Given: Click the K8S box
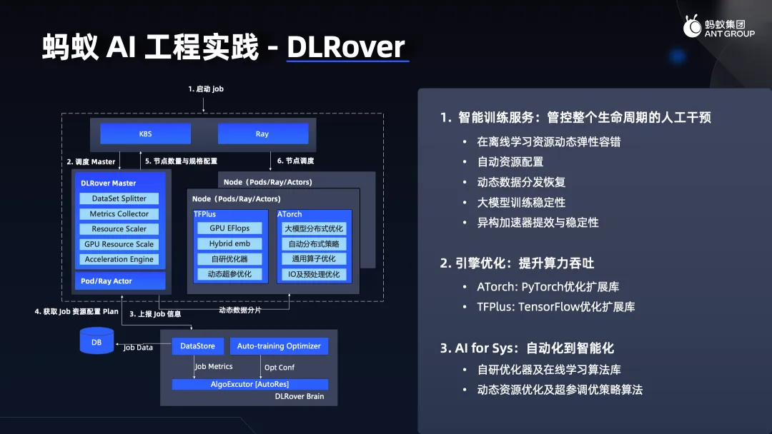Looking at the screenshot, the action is coord(145,133).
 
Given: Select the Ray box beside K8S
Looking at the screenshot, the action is coord(263,133).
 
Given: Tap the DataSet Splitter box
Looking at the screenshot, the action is coord(119,198).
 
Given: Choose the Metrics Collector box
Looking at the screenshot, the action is coord(119,214).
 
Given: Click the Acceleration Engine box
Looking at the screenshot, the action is coord(119,259).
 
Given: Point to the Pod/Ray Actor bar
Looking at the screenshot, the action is coord(120,281).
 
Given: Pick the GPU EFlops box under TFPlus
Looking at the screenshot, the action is coord(229,228).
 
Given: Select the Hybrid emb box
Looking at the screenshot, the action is coord(229,244).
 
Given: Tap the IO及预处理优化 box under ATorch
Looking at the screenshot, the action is coord(314,274).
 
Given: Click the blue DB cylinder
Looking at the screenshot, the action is coord(96,342).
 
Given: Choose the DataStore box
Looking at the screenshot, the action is coord(197,346).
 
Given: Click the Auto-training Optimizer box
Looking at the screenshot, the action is coord(279,346).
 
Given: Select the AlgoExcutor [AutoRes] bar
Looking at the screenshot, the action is coord(249,384).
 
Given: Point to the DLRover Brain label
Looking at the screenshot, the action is coord(300,397).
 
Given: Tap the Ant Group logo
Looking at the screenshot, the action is coord(719,26).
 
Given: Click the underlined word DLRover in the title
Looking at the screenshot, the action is coord(346,47).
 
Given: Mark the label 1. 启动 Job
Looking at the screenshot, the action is coord(206,89).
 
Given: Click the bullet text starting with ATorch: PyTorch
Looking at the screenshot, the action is coord(548,287).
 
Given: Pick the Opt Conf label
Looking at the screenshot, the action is coord(279,368).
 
